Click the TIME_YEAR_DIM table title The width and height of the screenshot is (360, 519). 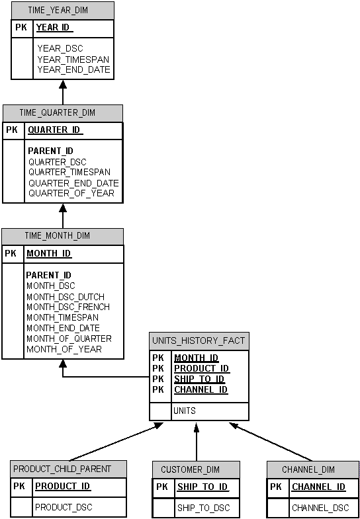pos(58,11)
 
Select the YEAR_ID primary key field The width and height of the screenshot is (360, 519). pos(54,28)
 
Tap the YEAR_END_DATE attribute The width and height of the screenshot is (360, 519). pos(73,69)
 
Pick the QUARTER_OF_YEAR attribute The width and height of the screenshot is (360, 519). pos(71,194)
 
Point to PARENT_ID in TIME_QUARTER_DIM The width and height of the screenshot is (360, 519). pos(50,151)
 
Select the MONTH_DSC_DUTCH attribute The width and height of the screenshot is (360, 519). pos(66,297)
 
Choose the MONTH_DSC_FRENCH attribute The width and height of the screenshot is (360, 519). pos(68,307)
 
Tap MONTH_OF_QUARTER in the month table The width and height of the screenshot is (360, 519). pos(69,339)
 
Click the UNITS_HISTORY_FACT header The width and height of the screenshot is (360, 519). pos(199,341)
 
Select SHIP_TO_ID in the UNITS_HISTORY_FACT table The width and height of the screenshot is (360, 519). pos(199,379)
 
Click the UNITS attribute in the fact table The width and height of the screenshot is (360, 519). pos(184,411)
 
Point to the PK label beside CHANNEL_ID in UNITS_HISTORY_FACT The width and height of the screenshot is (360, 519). pos(157,389)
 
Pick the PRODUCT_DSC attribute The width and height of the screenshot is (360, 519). pos(64,507)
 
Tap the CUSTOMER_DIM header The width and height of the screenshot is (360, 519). pos(190,470)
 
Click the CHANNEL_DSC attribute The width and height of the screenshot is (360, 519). pos(320,508)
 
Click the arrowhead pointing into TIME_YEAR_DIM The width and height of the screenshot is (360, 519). pos(63,85)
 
